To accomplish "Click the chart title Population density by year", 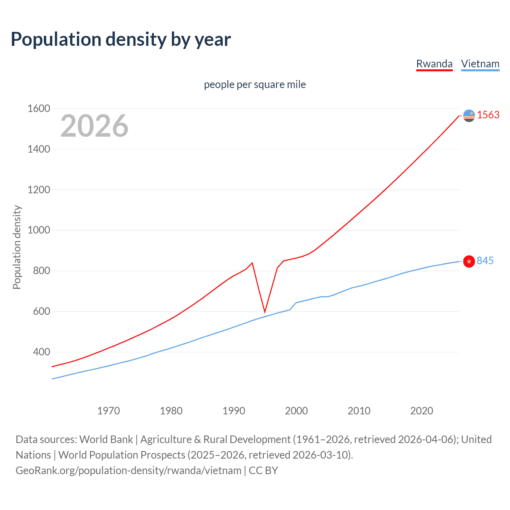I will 121,39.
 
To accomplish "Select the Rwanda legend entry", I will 434,64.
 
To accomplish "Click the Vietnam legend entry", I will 480,64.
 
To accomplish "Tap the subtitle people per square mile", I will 255,84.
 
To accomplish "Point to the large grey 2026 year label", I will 94,126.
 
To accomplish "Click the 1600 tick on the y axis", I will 39,108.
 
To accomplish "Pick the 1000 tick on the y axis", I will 39,230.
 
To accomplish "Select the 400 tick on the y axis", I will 41,352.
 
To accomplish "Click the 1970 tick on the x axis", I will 108,411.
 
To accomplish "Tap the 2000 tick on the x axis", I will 296,411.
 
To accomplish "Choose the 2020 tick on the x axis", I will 422,411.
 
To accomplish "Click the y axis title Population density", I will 17,247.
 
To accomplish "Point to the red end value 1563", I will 488,115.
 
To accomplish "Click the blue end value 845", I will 485,261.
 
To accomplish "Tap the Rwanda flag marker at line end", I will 469,116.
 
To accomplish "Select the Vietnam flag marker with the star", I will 469,261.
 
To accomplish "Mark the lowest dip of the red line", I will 265,312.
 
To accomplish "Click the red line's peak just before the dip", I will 252,263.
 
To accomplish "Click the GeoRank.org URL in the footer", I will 128,471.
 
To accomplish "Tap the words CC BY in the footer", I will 263,471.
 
